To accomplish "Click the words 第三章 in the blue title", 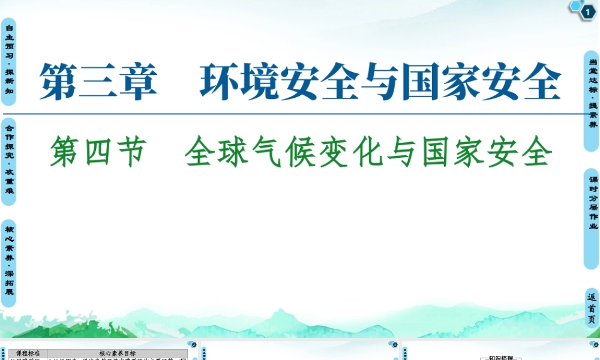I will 98,82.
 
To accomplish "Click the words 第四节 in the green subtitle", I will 98,151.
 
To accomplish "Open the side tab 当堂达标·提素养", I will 592,93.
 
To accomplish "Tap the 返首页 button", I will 592,308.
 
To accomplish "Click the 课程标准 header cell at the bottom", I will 27,353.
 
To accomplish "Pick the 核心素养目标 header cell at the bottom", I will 117,353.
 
